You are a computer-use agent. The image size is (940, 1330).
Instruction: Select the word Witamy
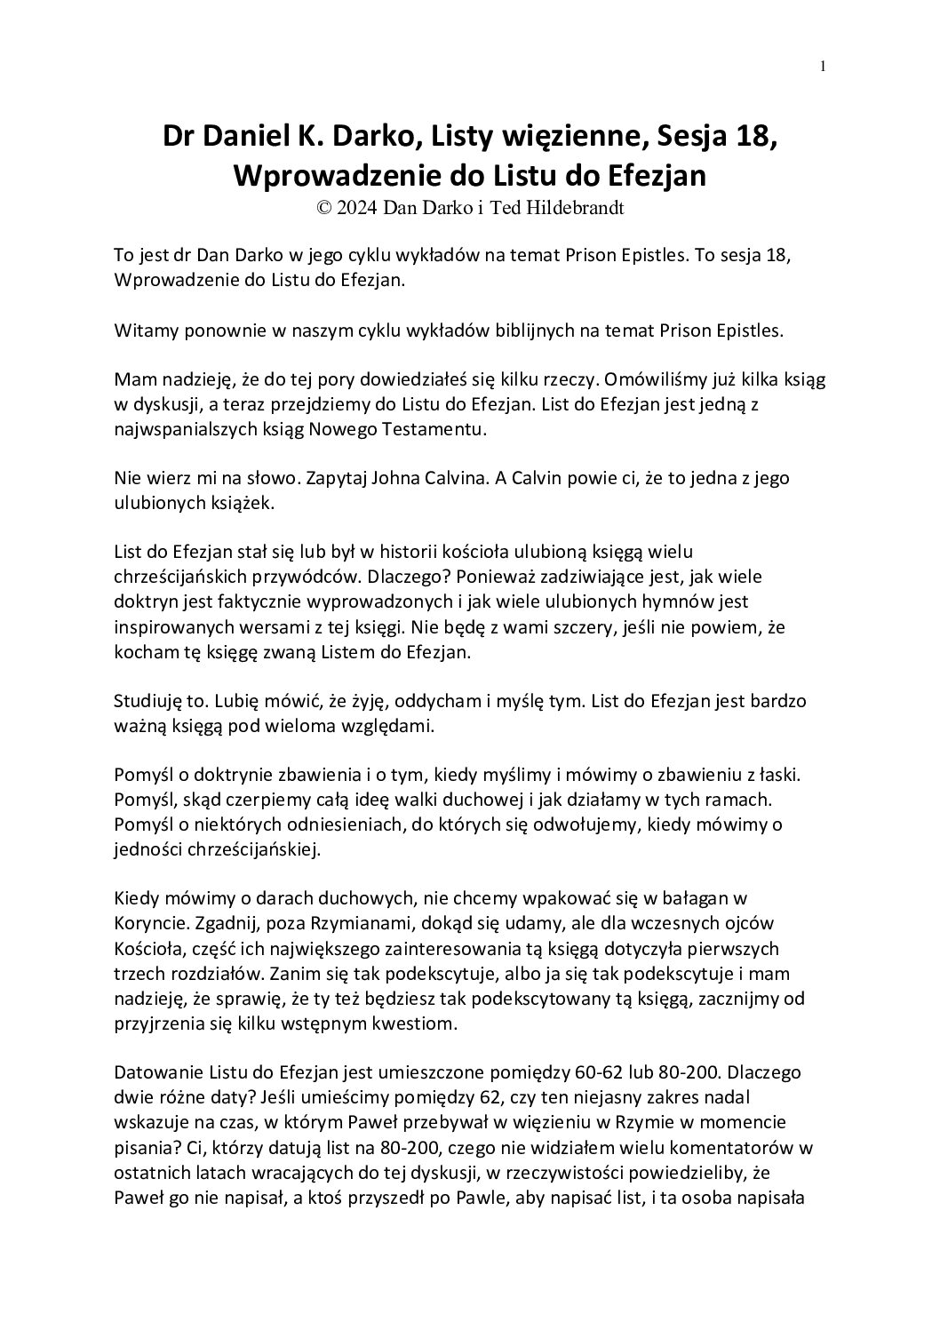tap(142, 331)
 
